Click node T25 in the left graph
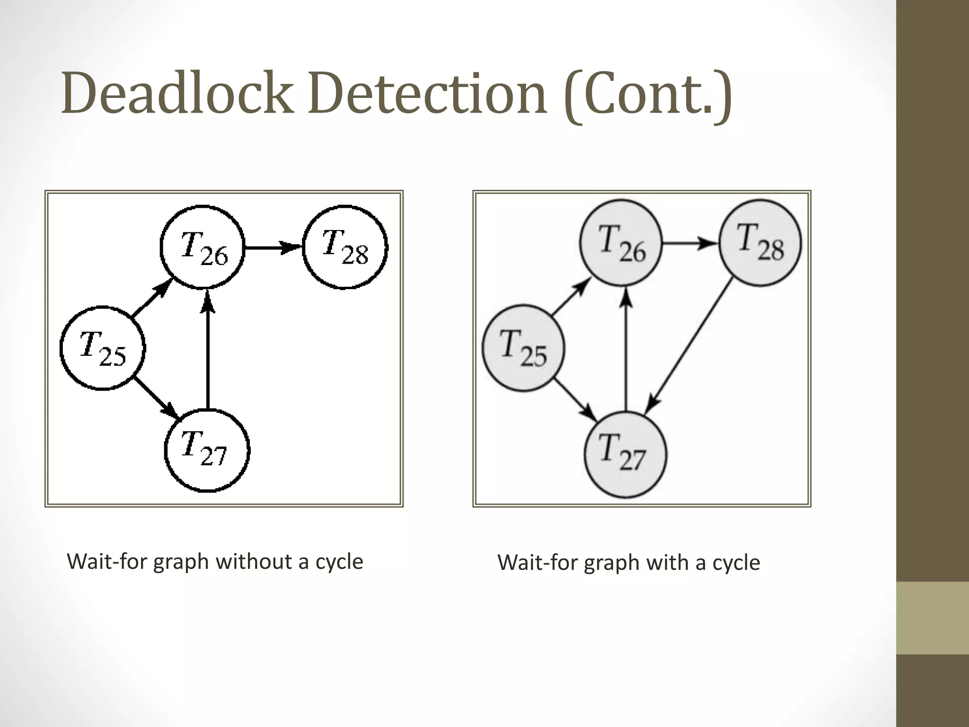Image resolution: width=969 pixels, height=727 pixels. [x=103, y=348]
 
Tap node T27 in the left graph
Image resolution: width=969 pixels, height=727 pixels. [x=207, y=450]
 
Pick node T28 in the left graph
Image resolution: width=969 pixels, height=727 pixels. [x=345, y=247]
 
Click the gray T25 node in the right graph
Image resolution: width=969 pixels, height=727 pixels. [x=523, y=348]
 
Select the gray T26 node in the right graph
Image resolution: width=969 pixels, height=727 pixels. [x=621, y=243]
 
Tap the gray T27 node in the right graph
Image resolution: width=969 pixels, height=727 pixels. [x=625, y=454]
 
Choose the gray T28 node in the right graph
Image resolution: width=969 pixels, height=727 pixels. [x=760, y=243]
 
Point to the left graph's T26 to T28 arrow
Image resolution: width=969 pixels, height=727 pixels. [x=273, y=247]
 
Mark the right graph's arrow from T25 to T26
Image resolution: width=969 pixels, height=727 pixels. [x=571, y=297]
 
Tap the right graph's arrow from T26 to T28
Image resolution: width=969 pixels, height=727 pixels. [x=690, y=243]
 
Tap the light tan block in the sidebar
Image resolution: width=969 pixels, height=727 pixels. [x=932, y=618]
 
